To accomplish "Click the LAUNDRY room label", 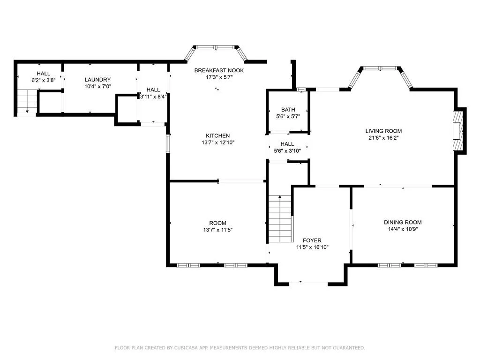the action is coord(97,80).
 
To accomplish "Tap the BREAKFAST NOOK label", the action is coord(219,70).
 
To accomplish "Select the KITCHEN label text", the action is coord(217,135).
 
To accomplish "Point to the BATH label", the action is coord(288,110).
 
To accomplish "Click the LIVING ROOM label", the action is coord(383,131).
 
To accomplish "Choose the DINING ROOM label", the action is coord(403,222).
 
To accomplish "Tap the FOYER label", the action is coord(312,240).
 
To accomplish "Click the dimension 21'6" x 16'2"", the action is coord(383,138).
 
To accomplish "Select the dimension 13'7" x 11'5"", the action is coord(217,230).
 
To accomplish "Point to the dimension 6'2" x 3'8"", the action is coord(44,80).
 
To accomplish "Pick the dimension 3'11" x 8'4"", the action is coord(153,97).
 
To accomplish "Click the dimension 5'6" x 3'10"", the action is coord(287,150).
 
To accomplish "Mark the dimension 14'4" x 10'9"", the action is coord(403,229).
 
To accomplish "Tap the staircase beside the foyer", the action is coord(280,219).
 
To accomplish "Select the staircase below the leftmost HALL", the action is coord(27,101).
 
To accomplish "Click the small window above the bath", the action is coord(301,90).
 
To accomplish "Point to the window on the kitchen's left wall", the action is coord(168,143).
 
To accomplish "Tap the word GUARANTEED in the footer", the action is coord(349,348).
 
